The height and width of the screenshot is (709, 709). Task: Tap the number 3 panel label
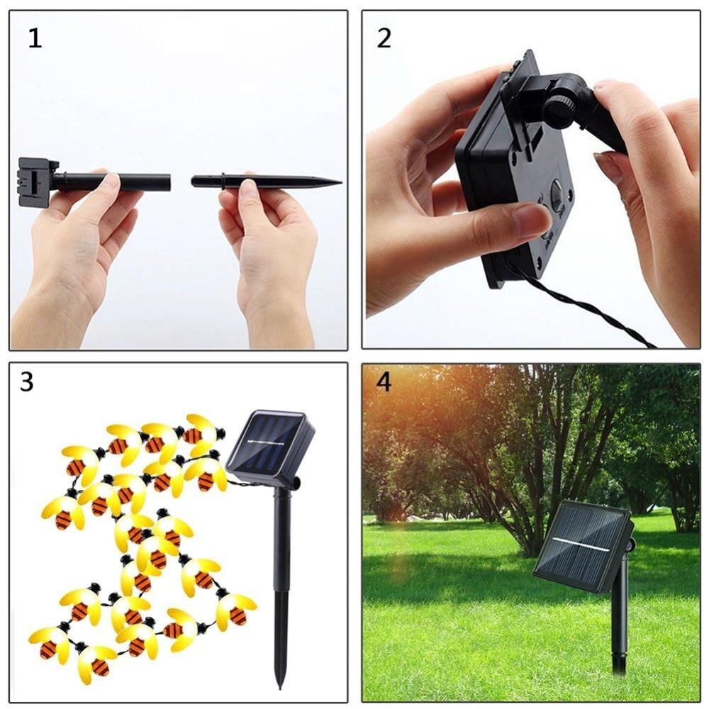click(x=28, y=382)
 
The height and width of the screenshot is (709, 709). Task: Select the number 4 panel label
click(x=384, y=382)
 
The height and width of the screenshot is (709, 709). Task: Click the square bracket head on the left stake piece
click(x=34, y=182)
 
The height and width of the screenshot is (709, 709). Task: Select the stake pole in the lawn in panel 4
click(x=620, y=617)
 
